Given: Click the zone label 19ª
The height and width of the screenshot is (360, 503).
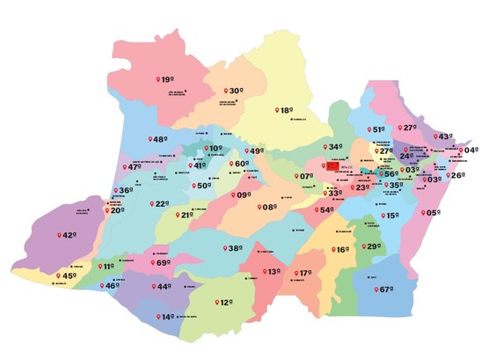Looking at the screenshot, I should [x=167, y=80].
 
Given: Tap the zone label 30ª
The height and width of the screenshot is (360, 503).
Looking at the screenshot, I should [x=236, y=90].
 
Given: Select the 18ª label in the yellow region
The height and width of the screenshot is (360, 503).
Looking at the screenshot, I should [x=286, y=110].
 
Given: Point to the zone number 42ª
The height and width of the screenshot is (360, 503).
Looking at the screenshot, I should [x=69, y=235].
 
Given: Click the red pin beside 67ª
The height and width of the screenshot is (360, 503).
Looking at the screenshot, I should [x=373, y=289].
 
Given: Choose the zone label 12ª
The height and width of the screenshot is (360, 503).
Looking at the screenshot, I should [x=225, y=302].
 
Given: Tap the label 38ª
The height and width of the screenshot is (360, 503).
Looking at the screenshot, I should [x=235, y=249].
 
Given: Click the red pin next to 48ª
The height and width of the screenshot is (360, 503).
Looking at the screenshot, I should [x=149, y=139].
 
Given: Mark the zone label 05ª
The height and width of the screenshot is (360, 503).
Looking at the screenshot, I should [x=433, y=213].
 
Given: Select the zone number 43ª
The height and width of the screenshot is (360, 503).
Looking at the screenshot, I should [x=445, y=136].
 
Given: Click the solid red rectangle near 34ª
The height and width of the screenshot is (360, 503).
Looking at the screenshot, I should [x=332, y=165].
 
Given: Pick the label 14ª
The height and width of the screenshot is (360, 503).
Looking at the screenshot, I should [x=168, y=317].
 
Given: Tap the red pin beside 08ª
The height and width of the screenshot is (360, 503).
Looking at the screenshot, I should [x=261, y=208].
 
